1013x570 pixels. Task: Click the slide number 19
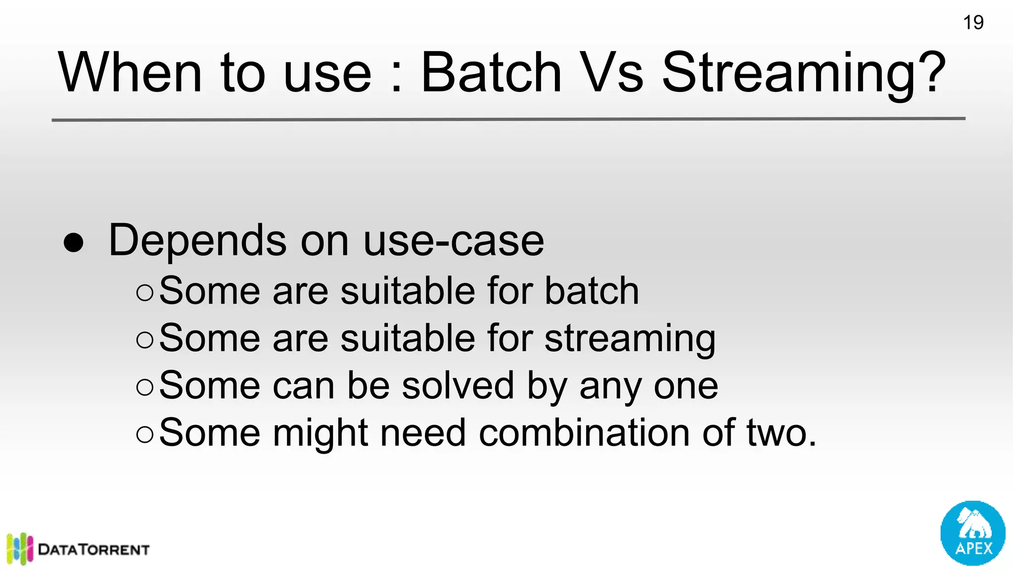(973, 23)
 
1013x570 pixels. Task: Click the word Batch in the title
(491, 73)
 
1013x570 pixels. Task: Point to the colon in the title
(396, 79)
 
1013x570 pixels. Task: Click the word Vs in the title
(611, 73)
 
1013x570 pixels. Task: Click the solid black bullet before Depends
(74, 242)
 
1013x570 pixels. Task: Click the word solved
(458, 385)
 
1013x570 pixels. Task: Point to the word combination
(584, 433)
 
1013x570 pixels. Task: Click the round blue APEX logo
(972, 533)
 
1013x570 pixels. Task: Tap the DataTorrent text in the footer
(93, 550)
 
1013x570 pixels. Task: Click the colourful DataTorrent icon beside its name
(20, 548)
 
